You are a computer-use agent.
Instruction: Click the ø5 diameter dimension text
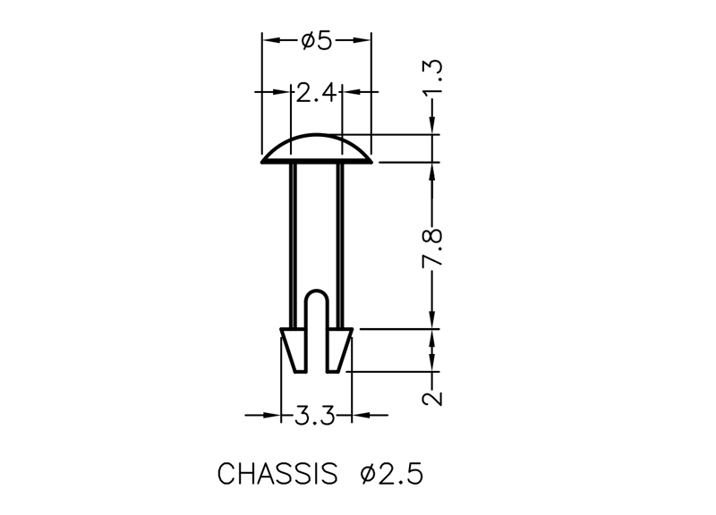[316, 40]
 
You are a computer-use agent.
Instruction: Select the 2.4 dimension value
[317, 93]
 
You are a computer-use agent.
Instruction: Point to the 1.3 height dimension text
[432, 78]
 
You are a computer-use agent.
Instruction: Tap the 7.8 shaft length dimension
[432, 247]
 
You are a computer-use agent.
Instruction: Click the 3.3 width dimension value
[315, 416]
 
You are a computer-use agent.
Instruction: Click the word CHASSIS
[277, 474]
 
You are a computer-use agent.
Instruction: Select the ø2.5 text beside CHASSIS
[392, 474]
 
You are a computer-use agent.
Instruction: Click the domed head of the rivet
[317, 148]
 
